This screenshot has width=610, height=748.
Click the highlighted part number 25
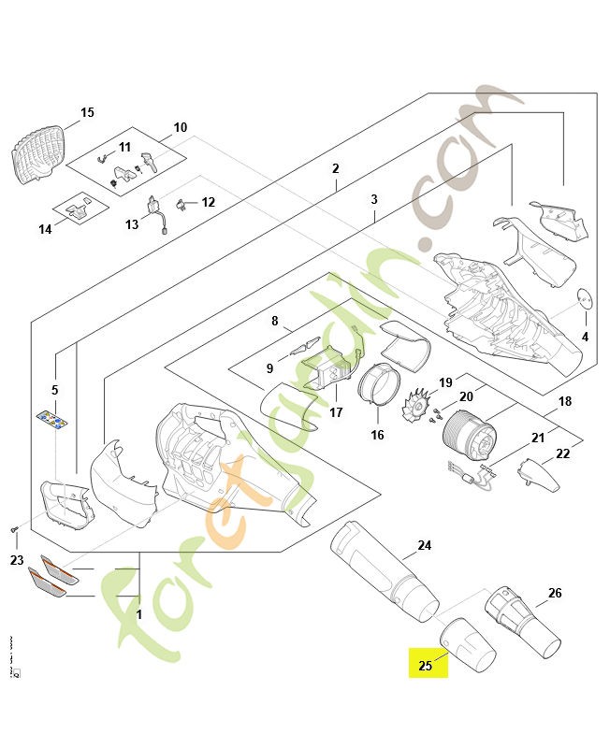(x=426, y=666)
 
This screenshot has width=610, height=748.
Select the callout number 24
(x=425, y=545)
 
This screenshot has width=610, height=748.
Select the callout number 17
(x=336, y=412)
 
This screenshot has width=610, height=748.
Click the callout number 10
(x=181, y=127)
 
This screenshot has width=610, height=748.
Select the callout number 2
(x=335, y=169)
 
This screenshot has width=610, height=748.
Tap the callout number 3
(x=374, y=200)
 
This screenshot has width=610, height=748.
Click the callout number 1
(x=138, y=615)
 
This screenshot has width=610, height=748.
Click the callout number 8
(x=274, y=322)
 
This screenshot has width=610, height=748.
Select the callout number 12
(x=208, y=202)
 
